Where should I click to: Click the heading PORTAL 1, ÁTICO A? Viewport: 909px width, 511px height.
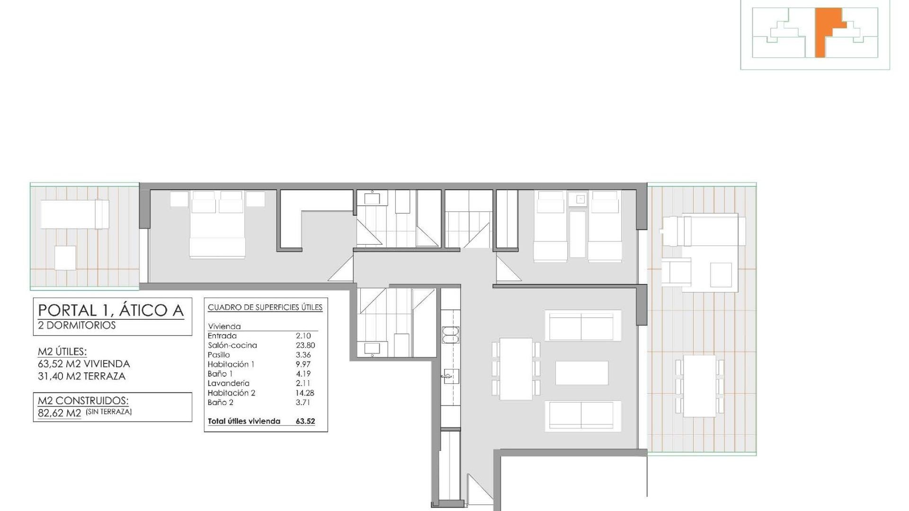coord(111,310)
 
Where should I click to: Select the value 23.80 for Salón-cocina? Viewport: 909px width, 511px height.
coord(305,345)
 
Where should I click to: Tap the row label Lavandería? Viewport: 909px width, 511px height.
coord(228,383)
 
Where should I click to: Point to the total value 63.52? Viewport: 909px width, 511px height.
coord(305,421)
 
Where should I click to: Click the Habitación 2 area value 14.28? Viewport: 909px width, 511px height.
coord(305,393)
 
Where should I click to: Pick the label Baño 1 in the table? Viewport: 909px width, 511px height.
coord(220,374)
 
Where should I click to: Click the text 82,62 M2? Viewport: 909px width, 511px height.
coord(60,413)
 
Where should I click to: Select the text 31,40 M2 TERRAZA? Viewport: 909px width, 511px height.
coord(81,376)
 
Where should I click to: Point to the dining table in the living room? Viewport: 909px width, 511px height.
coord(516,369)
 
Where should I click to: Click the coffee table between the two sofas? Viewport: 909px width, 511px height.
coord(582,373)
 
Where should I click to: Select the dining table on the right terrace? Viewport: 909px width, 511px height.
coord(700,386)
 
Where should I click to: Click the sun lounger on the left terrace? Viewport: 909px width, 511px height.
coord(75,214)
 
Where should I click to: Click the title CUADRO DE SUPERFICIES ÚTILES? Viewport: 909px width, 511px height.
coord(265,308)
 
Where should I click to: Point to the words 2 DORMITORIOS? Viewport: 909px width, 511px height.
coord(77,326)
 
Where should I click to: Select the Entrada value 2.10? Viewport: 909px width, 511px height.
coord(303,336)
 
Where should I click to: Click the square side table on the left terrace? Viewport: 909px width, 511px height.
coord(65,258)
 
